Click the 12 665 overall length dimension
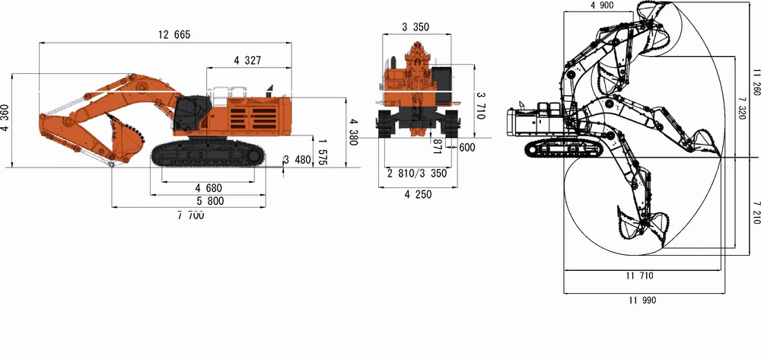pyautogui.click(x=174, y=35)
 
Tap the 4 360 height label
pyautogui.click(x=6, y=118)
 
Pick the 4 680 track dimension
pyautogui.click(x=208, y=187)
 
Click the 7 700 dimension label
pyautogui.click(x=190, y=216)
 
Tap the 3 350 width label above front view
pyautogui.click(x=416, y=27)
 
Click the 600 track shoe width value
pyautogui.click(x=466, y=148)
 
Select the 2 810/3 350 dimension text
pyautogui.click(x=416, y=174)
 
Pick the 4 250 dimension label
pyautogui.click(x=416, y=195)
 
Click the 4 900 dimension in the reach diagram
pyautogui.click(x=601, y=6)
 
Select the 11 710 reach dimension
pyautogui.click(x=641, y=276)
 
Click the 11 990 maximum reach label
pyautogui.click(x=642, y=300)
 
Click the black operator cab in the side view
pyautogui.click(x=189, y=113)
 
